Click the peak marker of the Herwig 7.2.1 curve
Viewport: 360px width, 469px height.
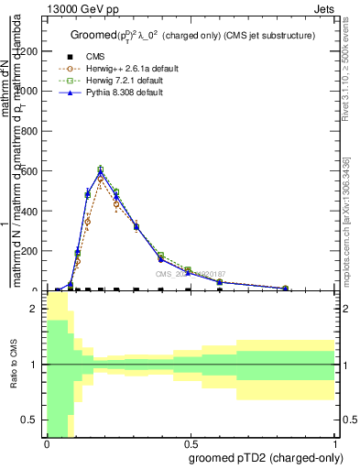tap(101, 169)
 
